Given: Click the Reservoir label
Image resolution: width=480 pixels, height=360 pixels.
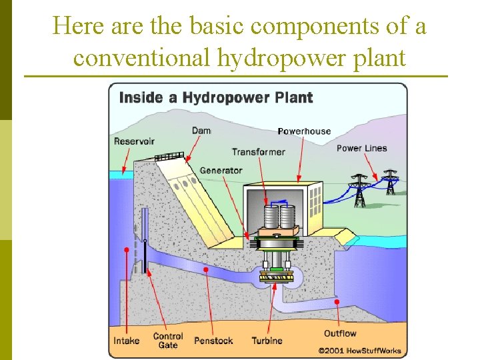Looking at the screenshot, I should pyautogui.click(x=134, y=141).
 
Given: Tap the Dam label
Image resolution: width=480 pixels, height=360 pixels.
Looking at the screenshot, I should pyautogui.click(x=201, y=130).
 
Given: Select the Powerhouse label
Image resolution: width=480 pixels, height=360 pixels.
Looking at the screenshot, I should pyautogui.click(x=304, y=131).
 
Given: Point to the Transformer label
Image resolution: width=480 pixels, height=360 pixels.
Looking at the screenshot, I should pyautogui.click(x=259, y=151).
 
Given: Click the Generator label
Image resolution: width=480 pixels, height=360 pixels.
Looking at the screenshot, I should pyautogui.click(x=221, y=170).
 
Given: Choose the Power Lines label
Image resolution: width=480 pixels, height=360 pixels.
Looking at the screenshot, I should pyautogui.click(x=361, y=148).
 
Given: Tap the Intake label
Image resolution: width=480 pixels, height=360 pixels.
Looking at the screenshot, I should pyautogui.click(x=127, y=340).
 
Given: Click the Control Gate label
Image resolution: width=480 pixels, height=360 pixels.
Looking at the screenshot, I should pyautogui.click(x=168, y=340).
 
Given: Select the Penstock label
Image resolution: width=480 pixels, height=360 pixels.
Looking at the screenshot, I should pyautogui.click(x=213, y=340).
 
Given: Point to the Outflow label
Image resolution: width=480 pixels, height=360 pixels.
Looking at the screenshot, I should pyautogui.click(x=340, y=333).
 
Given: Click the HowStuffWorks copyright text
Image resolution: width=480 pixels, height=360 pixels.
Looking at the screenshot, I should pyautogui.click(x=360, y=349).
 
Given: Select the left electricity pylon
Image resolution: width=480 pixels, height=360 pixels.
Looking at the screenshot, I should pyautogui.click(x=360, y=190).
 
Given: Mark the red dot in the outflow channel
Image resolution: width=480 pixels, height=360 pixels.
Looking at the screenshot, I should pyautogui.click(x=337, y=302).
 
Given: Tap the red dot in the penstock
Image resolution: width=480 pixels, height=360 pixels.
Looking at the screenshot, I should pyautogui.click(x=206, y=270).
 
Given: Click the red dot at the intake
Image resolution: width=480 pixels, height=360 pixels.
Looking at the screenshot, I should pyautogui.click(x=126, y=250).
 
